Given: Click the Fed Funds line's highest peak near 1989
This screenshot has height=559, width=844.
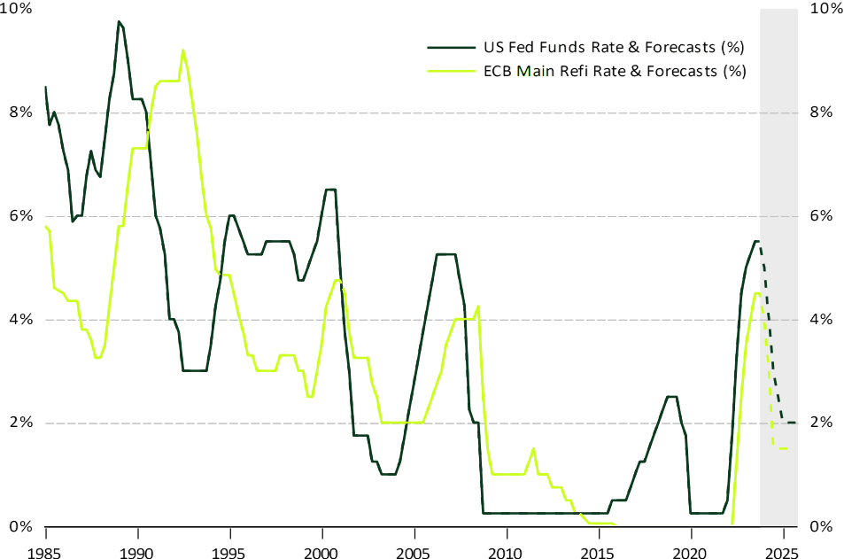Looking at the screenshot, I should click(x=119, y=21).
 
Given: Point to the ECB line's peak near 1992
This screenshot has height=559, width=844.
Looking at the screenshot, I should click(x=182, y=50).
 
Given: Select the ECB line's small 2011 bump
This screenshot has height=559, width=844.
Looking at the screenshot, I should click(x=533, y=448).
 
